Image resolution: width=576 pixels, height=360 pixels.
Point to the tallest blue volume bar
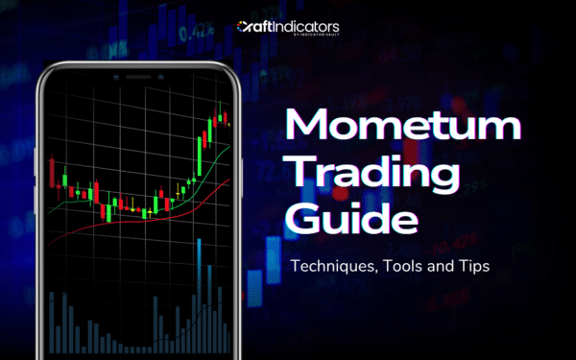pos(200,288)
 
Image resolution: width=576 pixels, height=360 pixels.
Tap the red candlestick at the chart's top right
pos(228,120)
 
